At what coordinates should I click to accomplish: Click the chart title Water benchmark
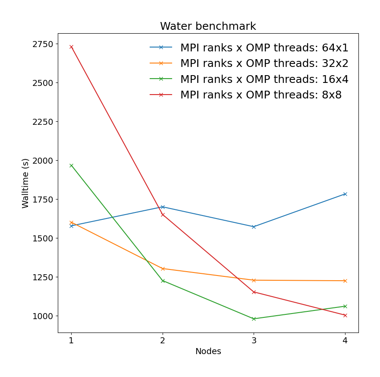[208, 26]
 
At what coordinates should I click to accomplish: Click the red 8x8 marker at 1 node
[71, 47]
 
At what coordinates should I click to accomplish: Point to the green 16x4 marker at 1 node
[71, 165]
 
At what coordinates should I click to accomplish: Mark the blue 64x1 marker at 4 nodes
[345, 194]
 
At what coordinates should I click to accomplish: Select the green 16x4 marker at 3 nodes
[254, 319]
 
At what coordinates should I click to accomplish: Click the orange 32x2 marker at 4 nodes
[345, 281]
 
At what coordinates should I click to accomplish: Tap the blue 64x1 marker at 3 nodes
[254, 227]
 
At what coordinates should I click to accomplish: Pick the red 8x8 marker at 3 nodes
[254, 292]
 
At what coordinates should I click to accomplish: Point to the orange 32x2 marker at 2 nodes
[163, 269]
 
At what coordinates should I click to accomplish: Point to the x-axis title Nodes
[208, 352]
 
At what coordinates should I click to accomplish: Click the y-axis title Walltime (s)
[25, 183]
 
